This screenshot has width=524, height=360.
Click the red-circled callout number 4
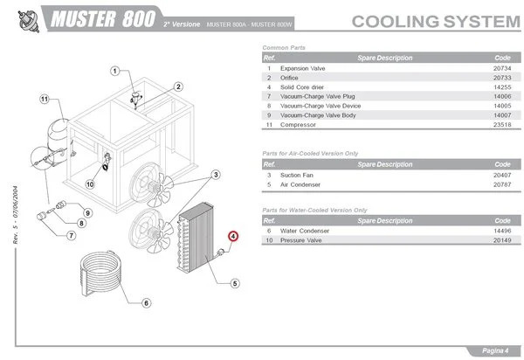[233, 235]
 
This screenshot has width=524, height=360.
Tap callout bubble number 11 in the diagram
[45, 99]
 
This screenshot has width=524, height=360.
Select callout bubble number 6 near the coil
[146, 303]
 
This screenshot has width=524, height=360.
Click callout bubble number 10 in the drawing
[89, 184]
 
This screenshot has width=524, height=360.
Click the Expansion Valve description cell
[304, 67]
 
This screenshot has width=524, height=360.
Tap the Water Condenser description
[305, 230]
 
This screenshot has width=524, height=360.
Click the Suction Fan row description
[298, 175]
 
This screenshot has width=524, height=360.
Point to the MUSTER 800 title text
[103, 18]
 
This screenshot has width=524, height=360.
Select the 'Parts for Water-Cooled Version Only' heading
[314, 211]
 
